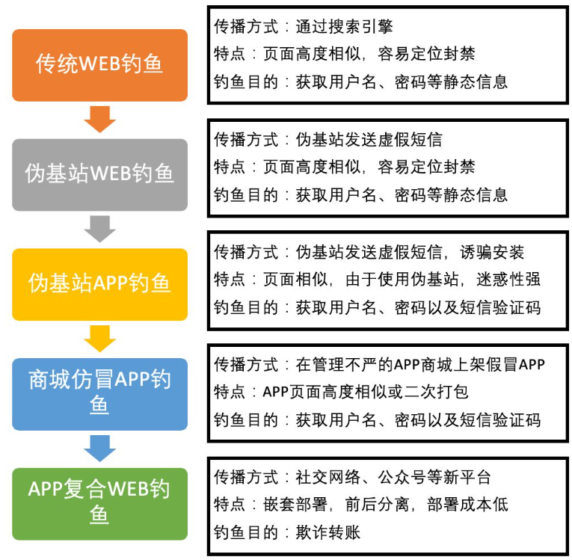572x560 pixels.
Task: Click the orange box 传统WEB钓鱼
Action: coord(99,65)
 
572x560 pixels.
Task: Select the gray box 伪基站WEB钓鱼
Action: coord(99,175)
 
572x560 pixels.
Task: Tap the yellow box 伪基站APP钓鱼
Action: coord(99,285)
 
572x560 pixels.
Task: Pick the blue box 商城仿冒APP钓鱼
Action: coord(99,394)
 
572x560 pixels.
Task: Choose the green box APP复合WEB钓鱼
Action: coord(99,504)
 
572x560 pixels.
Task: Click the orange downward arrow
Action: coord(99,119)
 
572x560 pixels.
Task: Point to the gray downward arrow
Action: coord(99,229)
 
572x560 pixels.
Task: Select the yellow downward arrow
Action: coord(99,339)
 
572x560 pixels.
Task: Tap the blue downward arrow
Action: coord(99,449)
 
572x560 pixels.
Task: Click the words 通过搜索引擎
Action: coord(344,26)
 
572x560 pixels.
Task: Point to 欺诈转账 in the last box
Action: coord(328,532)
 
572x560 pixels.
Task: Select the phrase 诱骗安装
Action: coord(492,252)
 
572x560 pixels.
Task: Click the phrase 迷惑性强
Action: coord(508,280)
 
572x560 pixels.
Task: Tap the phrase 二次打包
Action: coord(437,392)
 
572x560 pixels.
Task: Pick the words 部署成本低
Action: coord(467,505)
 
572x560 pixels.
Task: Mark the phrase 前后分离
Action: coord(377,505)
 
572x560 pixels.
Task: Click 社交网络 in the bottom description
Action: coord(328,477)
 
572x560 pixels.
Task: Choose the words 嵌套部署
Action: coord(295,505)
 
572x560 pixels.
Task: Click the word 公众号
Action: coord(402,477)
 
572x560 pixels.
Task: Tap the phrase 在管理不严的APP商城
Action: coord(368,364)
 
